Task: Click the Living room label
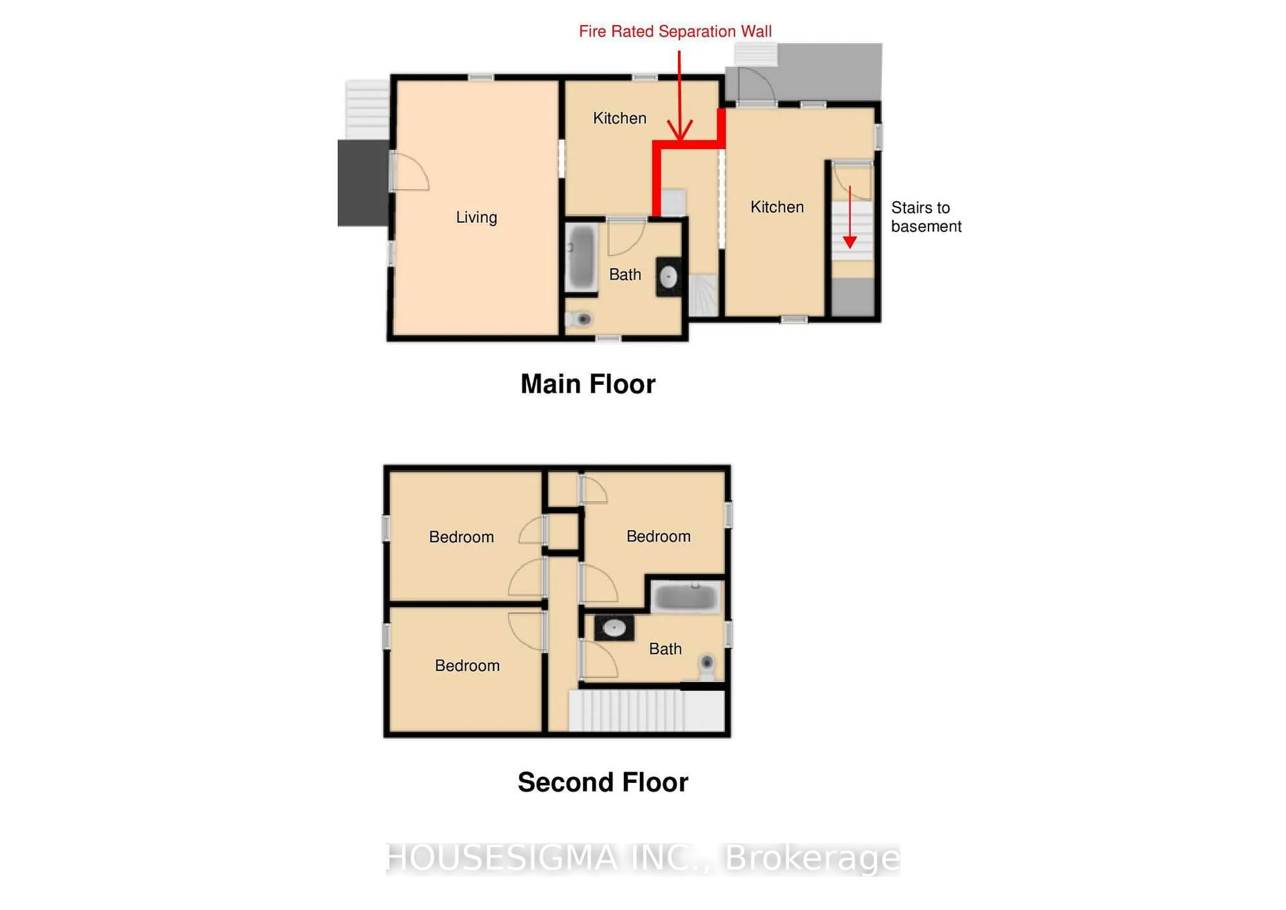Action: click(x=476, y=217)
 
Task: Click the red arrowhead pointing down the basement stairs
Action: click(x=850, y=242)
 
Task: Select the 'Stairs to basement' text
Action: click(x=926, y=217)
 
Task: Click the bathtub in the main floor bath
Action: click(x=581, y=258)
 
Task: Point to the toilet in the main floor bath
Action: click(x=581, y=319)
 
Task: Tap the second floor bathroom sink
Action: click(x=614, y=628)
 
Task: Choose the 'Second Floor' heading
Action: click(x=603, y=782)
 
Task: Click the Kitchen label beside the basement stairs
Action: click(x=777, y=207)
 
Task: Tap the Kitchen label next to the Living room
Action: click(x=620, y=118)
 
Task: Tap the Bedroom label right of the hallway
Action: click(x=658, y=536)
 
